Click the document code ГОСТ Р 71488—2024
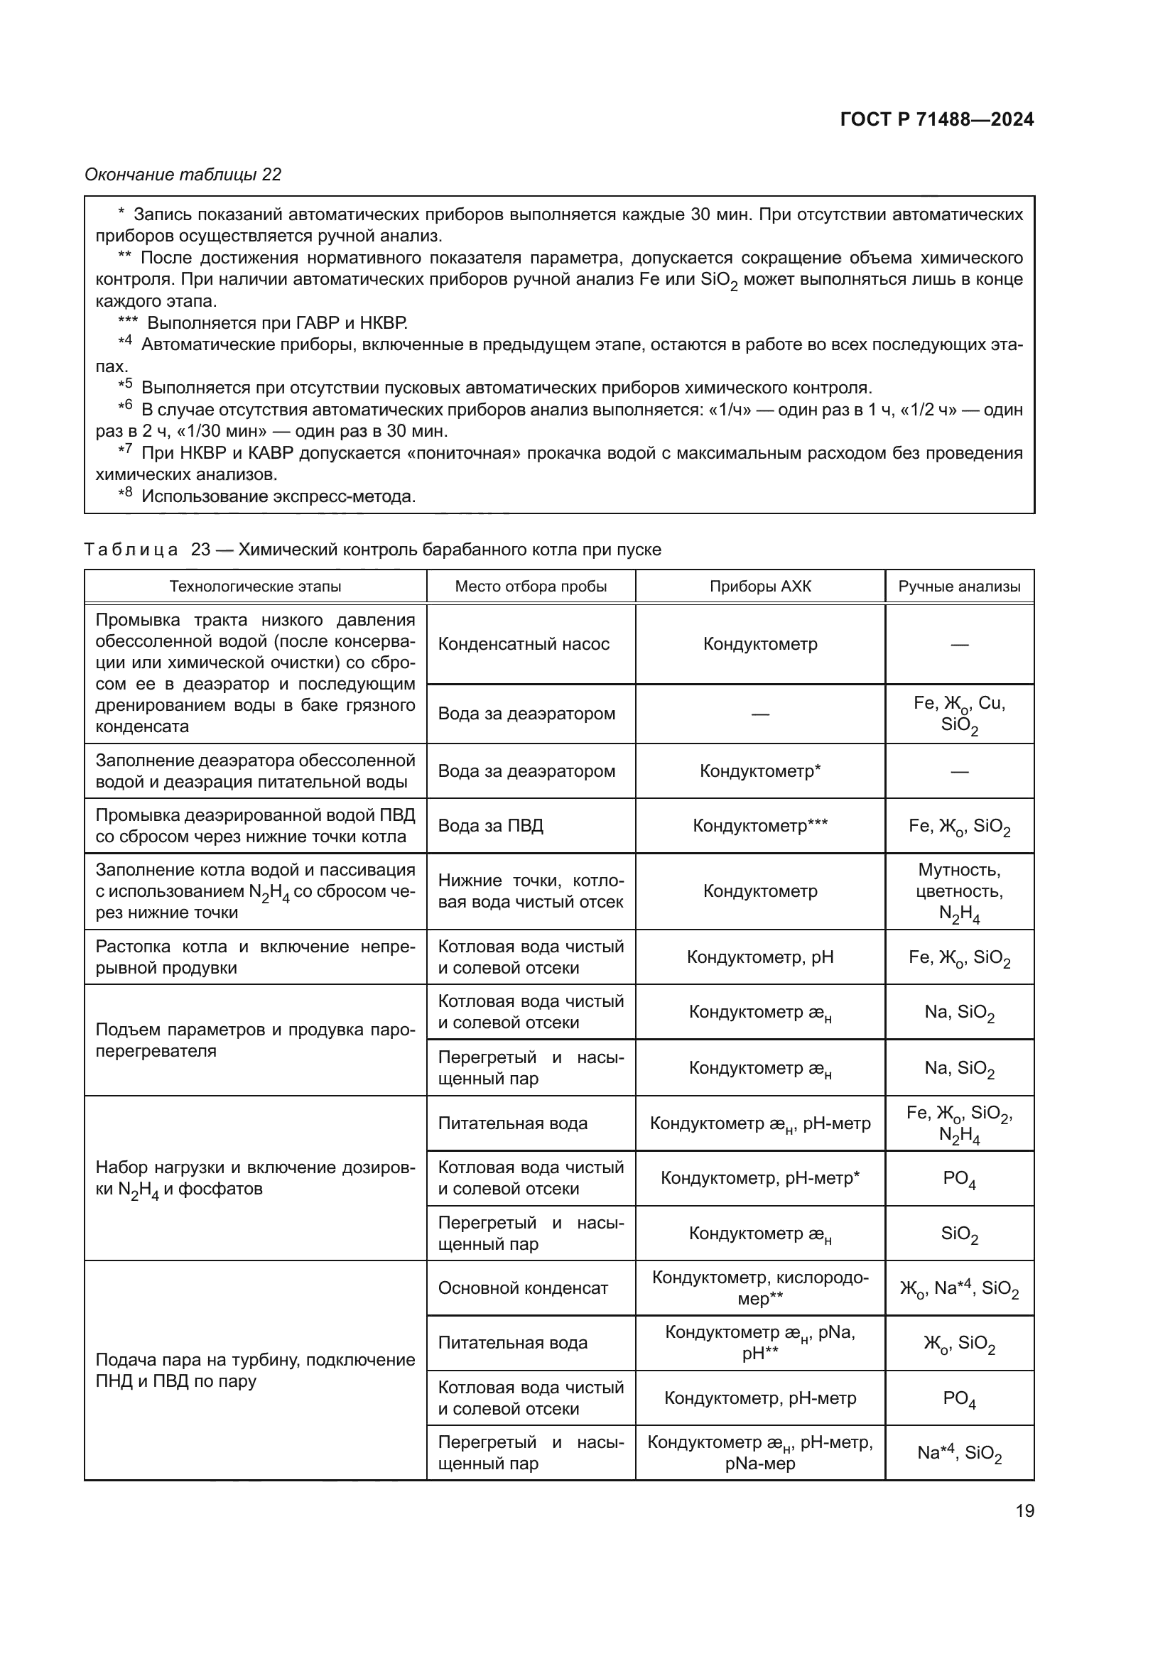(937, 120)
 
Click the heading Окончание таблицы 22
(183, 175)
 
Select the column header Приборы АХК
(759, 587)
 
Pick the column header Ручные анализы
(959, 587)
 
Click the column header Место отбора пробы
(531, 587)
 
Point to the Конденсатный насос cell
(524, 644)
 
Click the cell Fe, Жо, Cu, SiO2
(959, 714)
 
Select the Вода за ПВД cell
(491, 825)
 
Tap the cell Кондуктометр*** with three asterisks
(759, 825)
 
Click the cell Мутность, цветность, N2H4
(959, 891)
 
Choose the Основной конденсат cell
(523, 1288)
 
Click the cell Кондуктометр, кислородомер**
(759, 1288)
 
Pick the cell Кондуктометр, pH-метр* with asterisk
(759, 1179)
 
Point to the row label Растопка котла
(256, 957)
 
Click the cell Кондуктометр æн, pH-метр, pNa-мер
(759, 1454)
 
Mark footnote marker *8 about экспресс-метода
(125, 494)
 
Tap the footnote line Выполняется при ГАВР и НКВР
(277, 323)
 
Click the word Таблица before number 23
(131, 550)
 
